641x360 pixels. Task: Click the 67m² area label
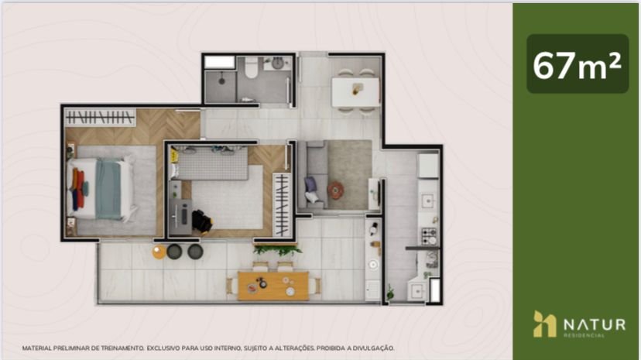pos(578,65)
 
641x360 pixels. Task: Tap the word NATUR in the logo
pos(595,324)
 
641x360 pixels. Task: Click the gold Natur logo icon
pos(544,324)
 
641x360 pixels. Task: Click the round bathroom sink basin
pos(278,63)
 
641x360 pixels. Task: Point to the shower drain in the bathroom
pos(221,81)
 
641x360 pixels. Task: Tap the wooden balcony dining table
pos(273,286)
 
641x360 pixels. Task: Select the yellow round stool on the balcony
pos(159,252)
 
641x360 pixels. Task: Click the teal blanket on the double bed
pos(108,189)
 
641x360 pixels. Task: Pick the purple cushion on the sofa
pos(310,184)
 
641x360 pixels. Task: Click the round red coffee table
pos(335,190)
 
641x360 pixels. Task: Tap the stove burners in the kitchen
pos(429,236)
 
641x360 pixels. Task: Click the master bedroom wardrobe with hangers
pos(100,118)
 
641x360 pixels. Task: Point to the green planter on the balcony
pos(278,249)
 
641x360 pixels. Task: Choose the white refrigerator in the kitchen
pos(428,166)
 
